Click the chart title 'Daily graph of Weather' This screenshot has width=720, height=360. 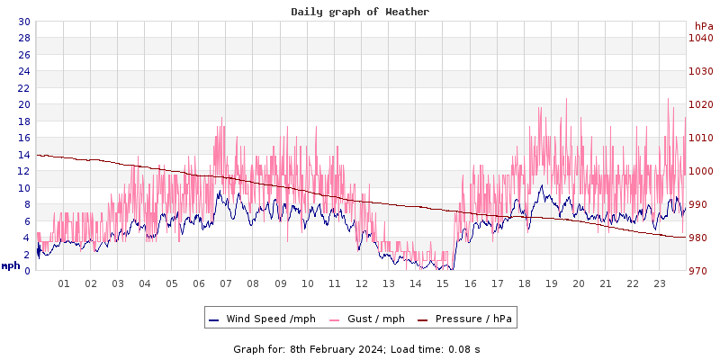pyautogui.click(x=360, y=12)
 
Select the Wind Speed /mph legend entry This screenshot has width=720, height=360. pyautogui.click(x=262, y=319)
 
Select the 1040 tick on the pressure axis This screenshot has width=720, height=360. pyautogui.click(x=701, y=38)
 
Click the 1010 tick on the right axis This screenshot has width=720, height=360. pyautogui.click(x=701, y=138)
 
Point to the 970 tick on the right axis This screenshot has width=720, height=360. pyautogui.click(x=701, y=271)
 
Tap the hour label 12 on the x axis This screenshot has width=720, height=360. pyautogui.click(x=362, y=283)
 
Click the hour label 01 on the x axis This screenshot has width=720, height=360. pyautogui.click(x=64, y=283)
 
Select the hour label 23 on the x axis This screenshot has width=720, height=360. pyautogui.click(x=660, y=283)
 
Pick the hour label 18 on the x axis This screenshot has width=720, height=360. pyautogui.click(x=525, y=283)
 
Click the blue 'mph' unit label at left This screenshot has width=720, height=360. pyautogui.click(x=11, y=265)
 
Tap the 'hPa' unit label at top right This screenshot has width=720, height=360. pyautogui.click(x=704, y=26)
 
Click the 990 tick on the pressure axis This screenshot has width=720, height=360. pyautogui.click(x=701, y=204)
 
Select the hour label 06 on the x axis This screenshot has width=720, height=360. pyautogui.click(x=199, y=283)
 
